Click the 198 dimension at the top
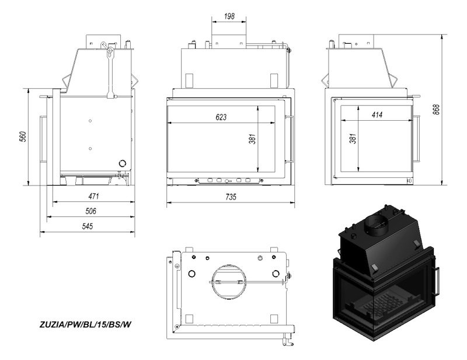coord(229,16)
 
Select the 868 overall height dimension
coord(436,110)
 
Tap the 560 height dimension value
coord(23,137)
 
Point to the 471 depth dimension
coord(93,196)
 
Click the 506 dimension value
coord(91,211)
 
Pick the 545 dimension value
coord(88,226)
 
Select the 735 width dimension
coord(231,197)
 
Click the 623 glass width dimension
coord(221,117)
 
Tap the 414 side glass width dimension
coord(377,114)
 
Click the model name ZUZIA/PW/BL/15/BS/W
coord(85,324)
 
